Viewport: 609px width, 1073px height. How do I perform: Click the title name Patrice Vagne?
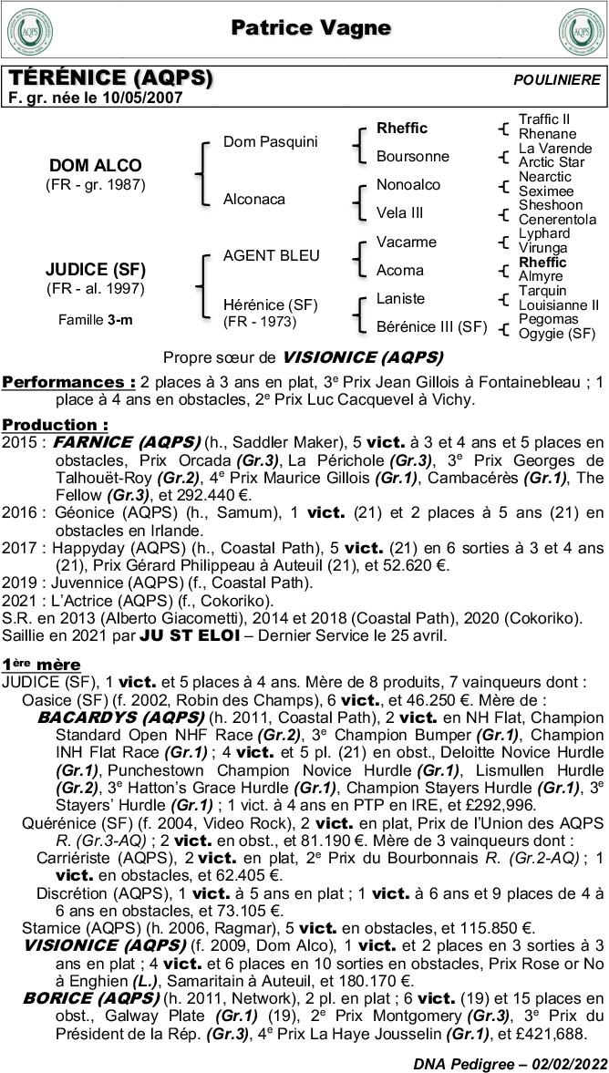pyautogui.click(x=311, y=28)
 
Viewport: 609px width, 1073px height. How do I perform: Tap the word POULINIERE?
pyautogui.click(x=557, y=80)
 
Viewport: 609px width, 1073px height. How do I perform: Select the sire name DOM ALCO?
pyautogui.click(x=95, y=166)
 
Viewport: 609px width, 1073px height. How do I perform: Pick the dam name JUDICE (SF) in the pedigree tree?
pyautogui.click(x=95, y=270)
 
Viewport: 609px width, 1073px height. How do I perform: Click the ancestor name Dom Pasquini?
pyautogui.click(x=270, y=141)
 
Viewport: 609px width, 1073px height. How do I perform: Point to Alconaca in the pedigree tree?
pyautogui.click(x=253, y=199)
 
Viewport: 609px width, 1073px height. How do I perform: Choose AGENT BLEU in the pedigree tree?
pyautogui.click(x=271, y=256)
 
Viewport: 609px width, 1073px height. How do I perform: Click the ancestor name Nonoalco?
pyautogui.click(x=408, y=185)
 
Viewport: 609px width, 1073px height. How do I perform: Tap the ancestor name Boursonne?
pyautogui.click(x=412, y=157)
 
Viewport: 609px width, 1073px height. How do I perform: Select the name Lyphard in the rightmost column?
pyautogui.click(x=543, y=234)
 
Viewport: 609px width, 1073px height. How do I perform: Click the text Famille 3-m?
pyautogui.click(x=95, y=320)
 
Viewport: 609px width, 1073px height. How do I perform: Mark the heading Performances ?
pyautogui.click(x=69, y=381)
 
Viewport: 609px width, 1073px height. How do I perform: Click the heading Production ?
pyautogui.click(x=55, y=425)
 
